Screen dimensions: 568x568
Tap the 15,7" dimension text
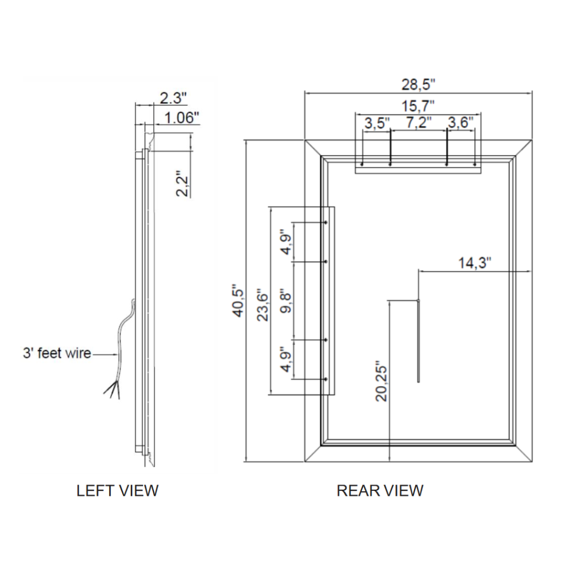coord(418,106)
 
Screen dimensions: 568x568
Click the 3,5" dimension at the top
coord(377,123)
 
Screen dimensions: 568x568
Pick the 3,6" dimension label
coord(461,123)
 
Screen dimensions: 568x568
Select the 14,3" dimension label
coord(474,262)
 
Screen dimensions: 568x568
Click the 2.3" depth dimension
coord(173,98)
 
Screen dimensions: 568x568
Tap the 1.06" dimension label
coord(181,118)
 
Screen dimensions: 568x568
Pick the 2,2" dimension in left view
coord(182,183)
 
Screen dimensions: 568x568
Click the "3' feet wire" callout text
coord(57,353)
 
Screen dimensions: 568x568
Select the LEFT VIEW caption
coord(118,490)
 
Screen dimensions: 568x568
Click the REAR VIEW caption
coord(380,490)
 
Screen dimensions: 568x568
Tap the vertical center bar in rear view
coord(418,341)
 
